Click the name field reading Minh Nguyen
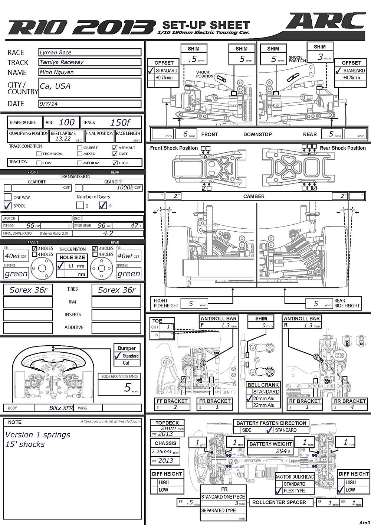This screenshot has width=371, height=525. [x=90, y=72]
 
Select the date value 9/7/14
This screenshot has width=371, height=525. [x=90, y=104]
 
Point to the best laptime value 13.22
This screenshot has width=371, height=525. [x=63, y=138]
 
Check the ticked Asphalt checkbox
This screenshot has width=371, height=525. [x=115, y=147]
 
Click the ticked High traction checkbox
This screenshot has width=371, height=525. [x=115, y=163]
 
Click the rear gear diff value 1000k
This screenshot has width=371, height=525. [x=125, y=188]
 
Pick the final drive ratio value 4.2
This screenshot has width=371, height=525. [x=108, y=233]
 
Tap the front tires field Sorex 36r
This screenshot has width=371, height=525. [x=28, y=290]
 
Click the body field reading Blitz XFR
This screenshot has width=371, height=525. [x=61, y=408]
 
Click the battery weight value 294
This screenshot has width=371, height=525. [x=281, y=450]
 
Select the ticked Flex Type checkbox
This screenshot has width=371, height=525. [x=279, y=490]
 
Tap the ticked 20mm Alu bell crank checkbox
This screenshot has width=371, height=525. [x=249, y=398]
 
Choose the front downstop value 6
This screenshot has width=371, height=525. [x=185, y=134]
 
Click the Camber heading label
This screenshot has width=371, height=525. [x=254, y=196]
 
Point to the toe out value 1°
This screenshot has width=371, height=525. [x=169, y=327]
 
